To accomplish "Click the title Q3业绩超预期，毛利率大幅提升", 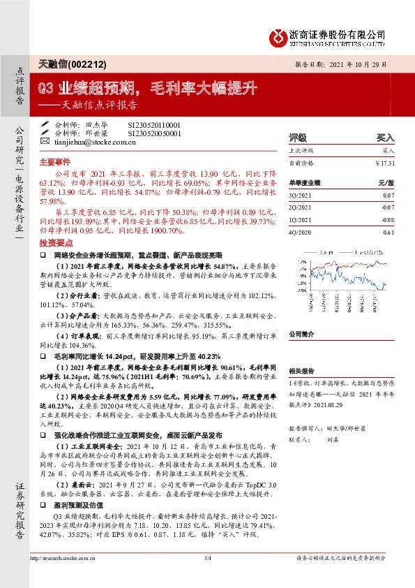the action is click(148, 89).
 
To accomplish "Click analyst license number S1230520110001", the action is click(153, 124).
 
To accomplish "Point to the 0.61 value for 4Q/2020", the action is click(389, 232).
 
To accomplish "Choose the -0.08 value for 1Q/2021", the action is click(388, 221).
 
